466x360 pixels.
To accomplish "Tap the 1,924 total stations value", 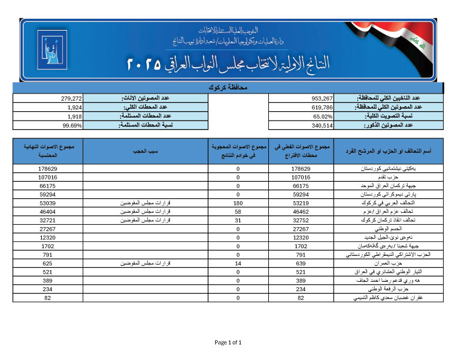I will click(74, 108).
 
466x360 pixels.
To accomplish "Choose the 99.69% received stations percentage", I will click(72, 125).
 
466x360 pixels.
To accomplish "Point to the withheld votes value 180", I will click(238, 202).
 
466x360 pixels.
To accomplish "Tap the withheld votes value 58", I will click(238, 211).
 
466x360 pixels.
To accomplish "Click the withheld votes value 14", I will click(238, 263).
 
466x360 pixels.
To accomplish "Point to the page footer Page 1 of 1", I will click(228, 342).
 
